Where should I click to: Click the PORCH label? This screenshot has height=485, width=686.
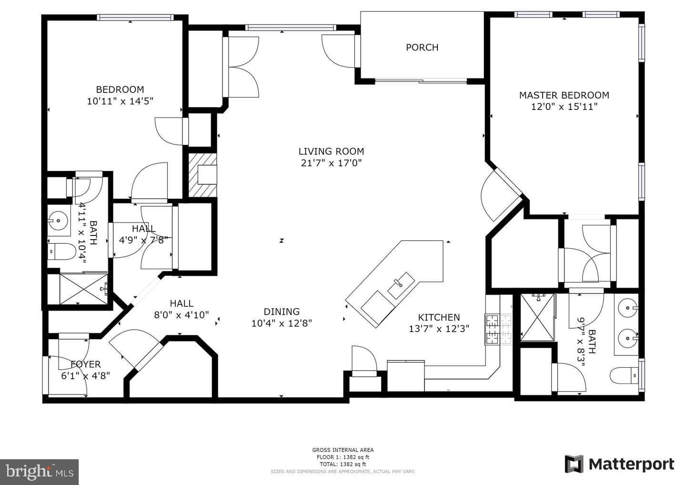coord(422,48)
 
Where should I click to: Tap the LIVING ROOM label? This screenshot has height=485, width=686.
coord(331,151)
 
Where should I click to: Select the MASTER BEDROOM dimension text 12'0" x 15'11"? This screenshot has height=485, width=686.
coord(564,107)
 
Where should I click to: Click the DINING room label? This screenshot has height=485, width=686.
coord(282,312)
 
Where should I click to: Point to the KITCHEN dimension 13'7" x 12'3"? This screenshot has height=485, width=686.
coord(439,329)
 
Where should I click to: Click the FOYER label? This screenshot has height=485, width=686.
coord(85,364)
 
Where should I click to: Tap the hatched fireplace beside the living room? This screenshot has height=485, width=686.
coord(202,175)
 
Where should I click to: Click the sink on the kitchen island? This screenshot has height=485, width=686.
coord(401,285)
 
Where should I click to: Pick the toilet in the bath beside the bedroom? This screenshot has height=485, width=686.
coord(61,252)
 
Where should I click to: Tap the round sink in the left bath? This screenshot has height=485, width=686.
coord(58,220)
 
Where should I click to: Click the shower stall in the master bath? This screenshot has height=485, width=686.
coord(538,317)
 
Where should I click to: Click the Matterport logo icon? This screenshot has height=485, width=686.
coord(574,464)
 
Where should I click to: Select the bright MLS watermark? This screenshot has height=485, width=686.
coord(39,472)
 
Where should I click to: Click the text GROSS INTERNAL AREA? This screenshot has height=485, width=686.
coord(343,450)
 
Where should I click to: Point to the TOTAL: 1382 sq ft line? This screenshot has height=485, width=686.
coord(343,464)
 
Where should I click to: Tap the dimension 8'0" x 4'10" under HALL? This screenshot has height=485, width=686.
coord(182,315)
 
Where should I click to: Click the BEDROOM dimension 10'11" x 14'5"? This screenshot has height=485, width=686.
coord(120,101)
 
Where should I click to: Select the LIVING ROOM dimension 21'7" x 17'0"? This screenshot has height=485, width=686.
coord(332,163)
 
